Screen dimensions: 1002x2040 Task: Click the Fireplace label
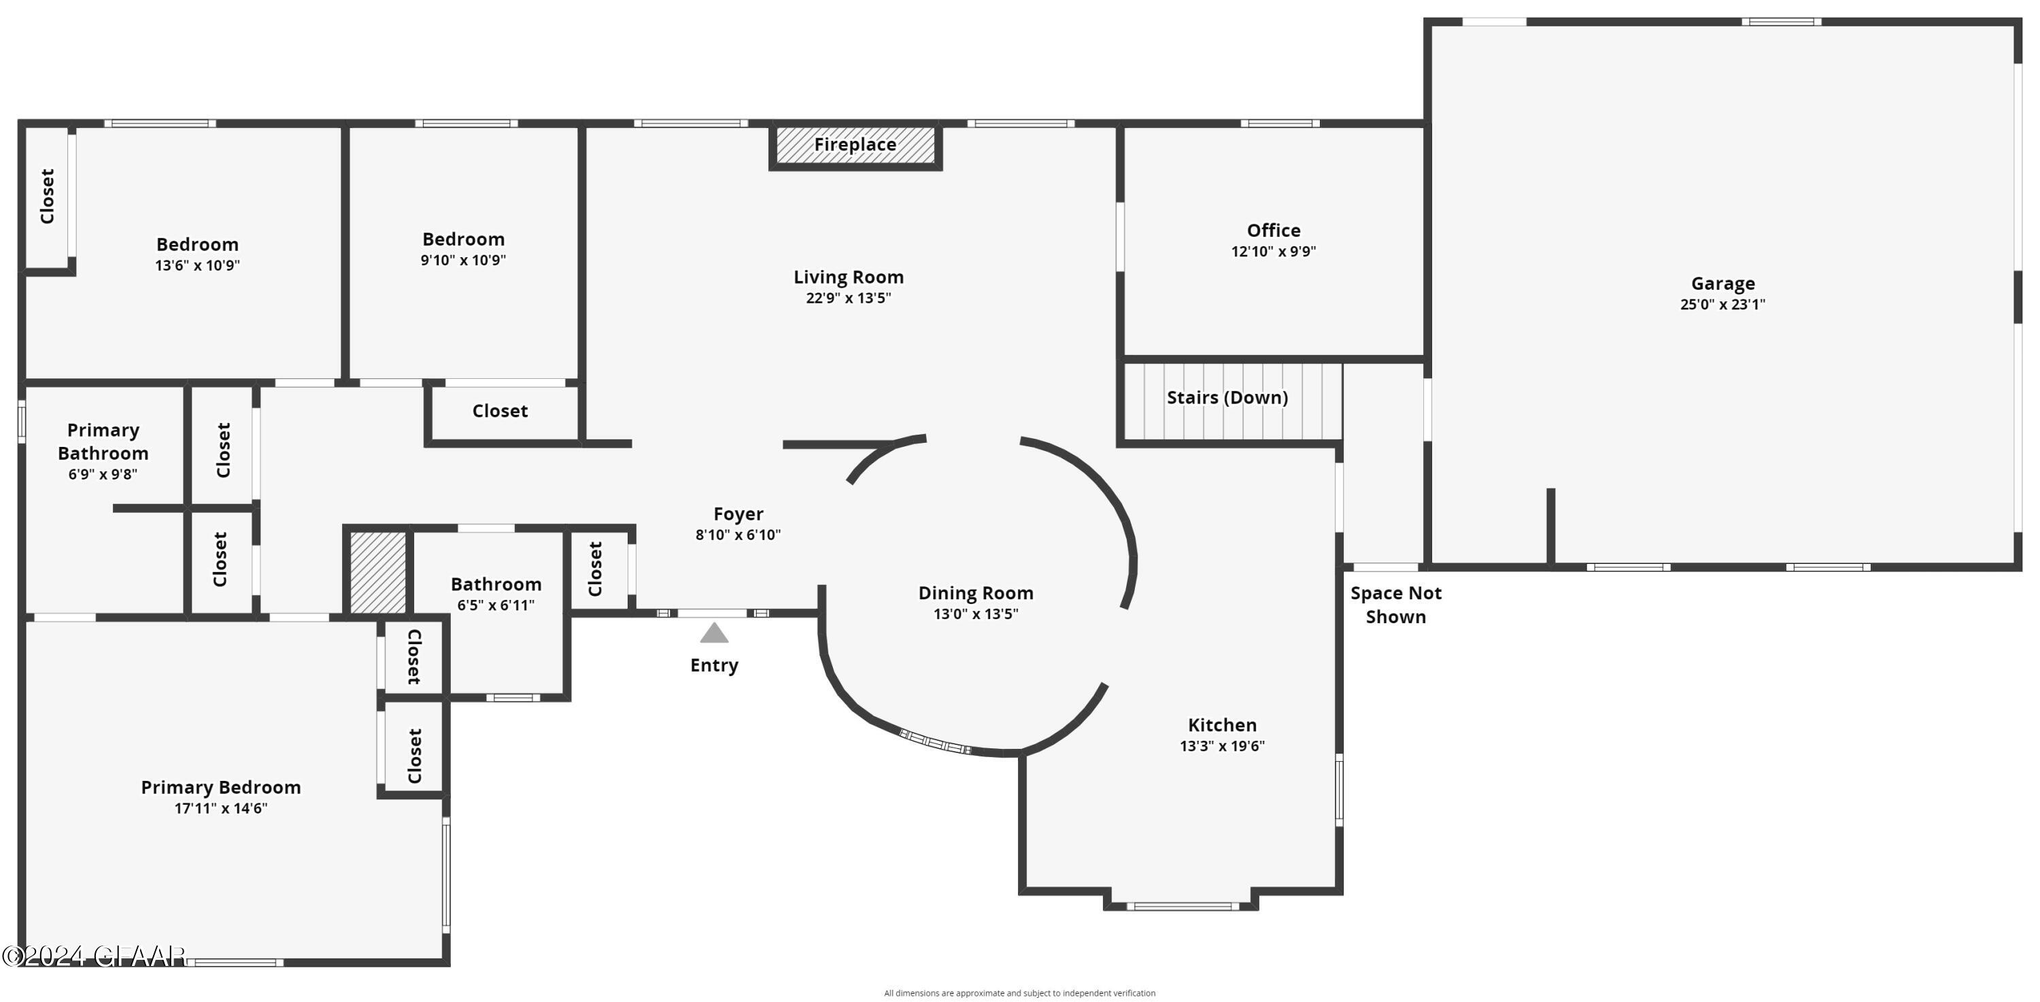(x=855, y=145)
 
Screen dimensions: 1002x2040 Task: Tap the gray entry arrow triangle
(x=713, y=633)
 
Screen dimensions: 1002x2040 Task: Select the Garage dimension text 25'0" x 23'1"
(x=1722, y=304)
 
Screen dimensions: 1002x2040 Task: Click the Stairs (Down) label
(x=1227, y=398)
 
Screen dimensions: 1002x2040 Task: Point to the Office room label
(x=1273, y=231)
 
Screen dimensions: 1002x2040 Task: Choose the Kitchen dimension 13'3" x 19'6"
(x=1221, y=746)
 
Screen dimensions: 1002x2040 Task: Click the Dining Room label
(x=975, y=593)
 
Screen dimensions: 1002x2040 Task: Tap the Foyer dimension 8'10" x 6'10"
(x=737, y=535)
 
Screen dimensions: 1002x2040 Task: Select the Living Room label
(x=848, y=278)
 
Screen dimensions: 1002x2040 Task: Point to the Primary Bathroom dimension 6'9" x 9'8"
(x=103, y=474)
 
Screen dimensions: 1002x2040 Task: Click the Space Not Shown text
(x=1395, y=604)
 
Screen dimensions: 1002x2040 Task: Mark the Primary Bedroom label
(x=220, y=787)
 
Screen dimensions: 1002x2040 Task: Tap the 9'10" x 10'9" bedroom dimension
(x=462, y=260)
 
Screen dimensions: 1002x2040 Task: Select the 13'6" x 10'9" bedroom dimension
(x=197, y=265)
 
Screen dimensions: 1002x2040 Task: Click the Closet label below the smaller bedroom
(x=500, y=411)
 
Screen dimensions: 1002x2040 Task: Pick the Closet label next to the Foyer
(x=596, y=569)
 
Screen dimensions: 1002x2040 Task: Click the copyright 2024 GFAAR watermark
(x=93, y=956)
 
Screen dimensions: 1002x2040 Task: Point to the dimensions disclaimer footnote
(x=1019, y=992)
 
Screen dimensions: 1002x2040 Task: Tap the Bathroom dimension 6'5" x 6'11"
(x=496, y=605)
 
